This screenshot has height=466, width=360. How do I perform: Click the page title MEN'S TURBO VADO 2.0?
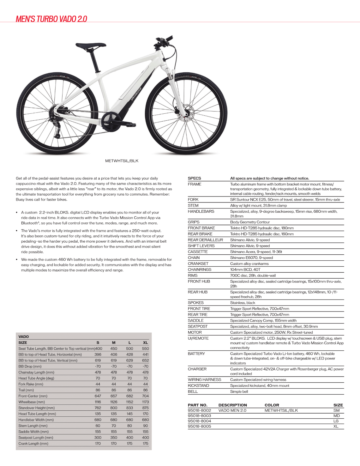tap(51, 19)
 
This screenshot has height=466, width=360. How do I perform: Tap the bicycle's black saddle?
tap(86, 46)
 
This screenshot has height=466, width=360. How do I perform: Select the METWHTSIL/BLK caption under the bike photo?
tap(122, 161)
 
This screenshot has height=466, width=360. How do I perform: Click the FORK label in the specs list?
tap(193, 200)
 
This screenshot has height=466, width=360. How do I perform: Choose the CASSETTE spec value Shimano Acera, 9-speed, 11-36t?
tap(256, 252)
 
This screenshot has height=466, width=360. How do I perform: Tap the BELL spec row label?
tap(193, 391)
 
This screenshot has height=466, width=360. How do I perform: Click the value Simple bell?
tap(239, 391)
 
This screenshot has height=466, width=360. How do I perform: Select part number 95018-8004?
tap(199, 421)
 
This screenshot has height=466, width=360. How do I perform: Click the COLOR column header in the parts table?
tap(272, 405)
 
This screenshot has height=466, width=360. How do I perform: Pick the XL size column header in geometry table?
tap(145, 342)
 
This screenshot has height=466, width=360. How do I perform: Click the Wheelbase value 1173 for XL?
tap(145, 402)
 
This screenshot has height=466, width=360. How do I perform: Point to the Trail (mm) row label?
tap(26, 390)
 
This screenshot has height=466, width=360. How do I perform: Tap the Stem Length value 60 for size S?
tap(98, 426)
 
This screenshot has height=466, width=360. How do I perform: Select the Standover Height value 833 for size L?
tap(129, 408)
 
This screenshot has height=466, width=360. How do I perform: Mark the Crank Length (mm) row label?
tap(33, 444)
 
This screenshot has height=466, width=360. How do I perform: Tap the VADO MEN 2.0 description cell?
tap(232, 410)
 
